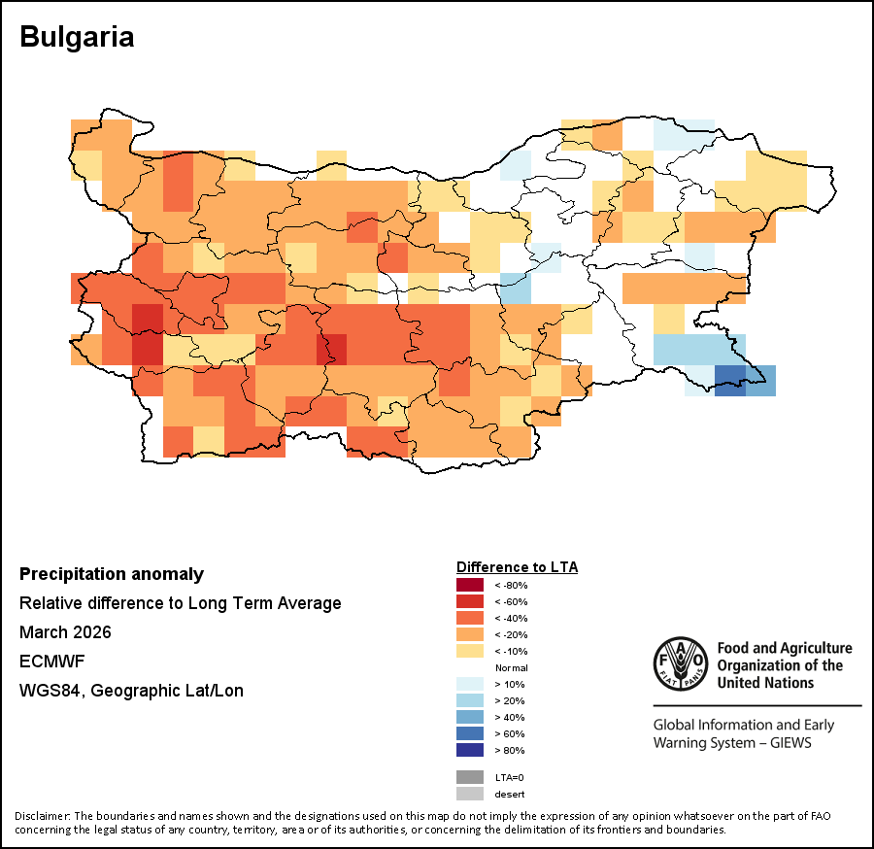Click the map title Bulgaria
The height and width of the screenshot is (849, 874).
coord(77,37)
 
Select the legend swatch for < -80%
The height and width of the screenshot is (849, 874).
coord(470,585)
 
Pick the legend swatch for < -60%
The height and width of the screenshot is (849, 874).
coord(470,601)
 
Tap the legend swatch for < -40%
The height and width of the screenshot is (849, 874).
coord(470,618)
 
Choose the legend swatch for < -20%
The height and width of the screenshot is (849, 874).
coord(470,634)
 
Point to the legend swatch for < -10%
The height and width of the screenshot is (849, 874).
coord(470,651)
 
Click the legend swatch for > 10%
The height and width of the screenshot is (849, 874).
coord(470,684)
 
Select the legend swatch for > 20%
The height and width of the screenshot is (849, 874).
coord(470,700)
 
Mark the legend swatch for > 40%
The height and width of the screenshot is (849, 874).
coord(470,717)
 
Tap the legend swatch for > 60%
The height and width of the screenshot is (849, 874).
coord(470,733)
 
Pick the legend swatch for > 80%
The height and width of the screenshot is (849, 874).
coord(470,750)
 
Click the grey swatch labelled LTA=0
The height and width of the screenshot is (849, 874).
coord(470,777)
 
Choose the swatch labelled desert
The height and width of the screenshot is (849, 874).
coord(470,794)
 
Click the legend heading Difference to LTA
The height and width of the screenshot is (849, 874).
coord(517,567)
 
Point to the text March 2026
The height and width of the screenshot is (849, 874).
coord(65,632)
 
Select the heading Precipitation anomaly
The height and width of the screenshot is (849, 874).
coord(112,574)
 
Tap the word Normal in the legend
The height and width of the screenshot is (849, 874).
coord(511,667)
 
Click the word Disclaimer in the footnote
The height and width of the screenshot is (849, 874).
coord(42,815)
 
